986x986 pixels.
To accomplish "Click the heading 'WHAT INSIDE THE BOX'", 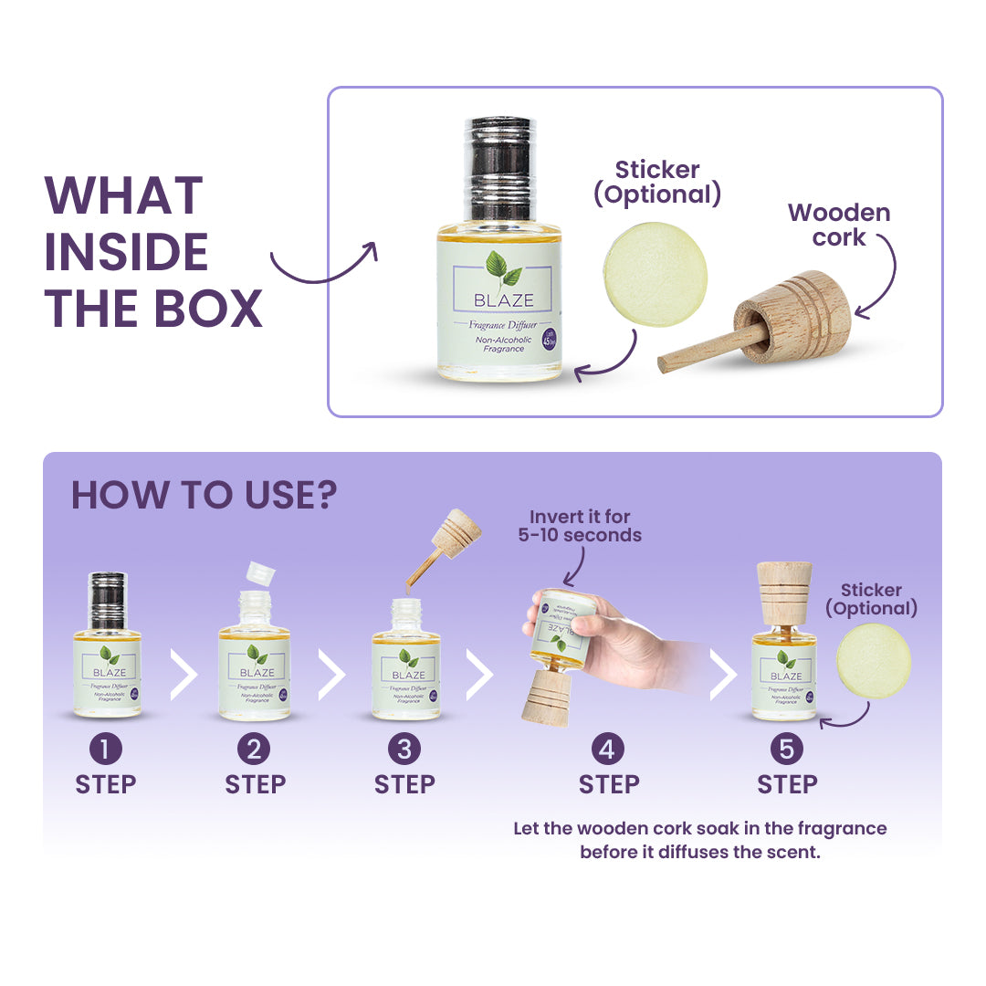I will click(x=153, y=251).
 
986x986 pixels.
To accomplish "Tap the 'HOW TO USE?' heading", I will click(x=204, y=496).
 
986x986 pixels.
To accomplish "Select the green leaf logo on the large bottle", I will click(x=498, y=269).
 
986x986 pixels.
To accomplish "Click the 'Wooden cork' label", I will click(x=838, y=225).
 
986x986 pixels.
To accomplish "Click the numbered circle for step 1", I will click(x=105, y=750).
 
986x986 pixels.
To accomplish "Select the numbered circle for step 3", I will click(x=404, y=750).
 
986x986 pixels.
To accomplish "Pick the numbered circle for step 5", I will click(x=786, y=750).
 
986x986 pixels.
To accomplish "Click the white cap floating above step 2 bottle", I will click(x=261, y=572).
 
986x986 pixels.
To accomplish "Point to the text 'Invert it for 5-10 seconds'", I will click(x=580, y=526).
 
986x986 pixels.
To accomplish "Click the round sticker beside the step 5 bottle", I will click(x=873, y=661).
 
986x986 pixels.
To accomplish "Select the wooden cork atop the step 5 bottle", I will click(x=785, y=593).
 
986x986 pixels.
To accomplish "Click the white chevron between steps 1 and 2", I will click(x=184, y=675).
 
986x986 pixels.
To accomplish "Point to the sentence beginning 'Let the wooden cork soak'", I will click(x=699, y=840).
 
